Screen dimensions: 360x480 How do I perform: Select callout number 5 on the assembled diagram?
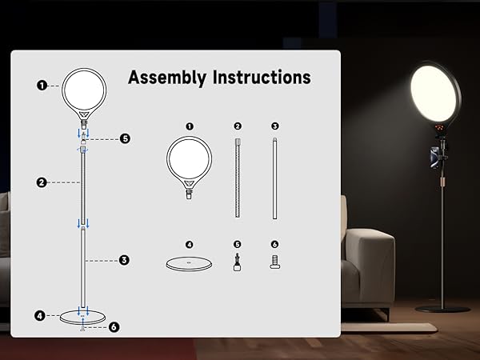point(125,138)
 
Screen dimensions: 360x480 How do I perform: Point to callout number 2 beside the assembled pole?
point(42,182)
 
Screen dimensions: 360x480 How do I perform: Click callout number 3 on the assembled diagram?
point(124,259)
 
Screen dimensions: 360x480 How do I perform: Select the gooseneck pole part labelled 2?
point(238,176)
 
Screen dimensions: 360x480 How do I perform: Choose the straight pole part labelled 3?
point(274,176)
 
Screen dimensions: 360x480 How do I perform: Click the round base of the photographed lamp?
point(443,307)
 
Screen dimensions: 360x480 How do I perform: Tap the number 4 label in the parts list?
point(190,244)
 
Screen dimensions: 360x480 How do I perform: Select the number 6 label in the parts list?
point(274,244)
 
